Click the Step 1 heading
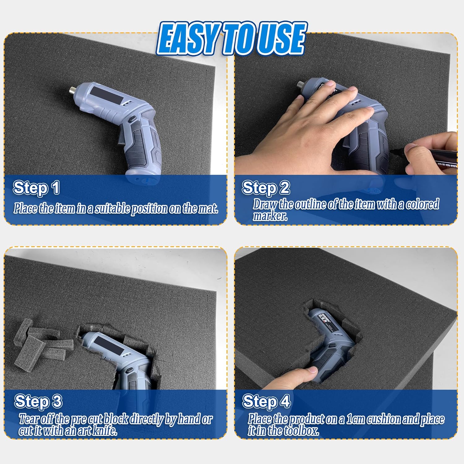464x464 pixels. tap(36, 188)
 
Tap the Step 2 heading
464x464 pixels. tap(266, 188)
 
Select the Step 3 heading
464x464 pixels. tap(38, 402)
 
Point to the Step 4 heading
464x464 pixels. tap(266, 402)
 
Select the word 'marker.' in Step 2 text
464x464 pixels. tap(270, 216)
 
